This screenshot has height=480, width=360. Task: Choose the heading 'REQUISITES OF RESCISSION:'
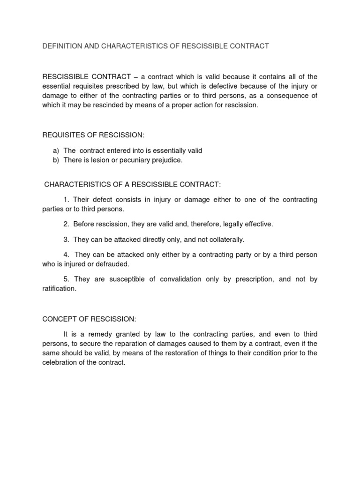94,135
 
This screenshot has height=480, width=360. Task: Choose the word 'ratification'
58,289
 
